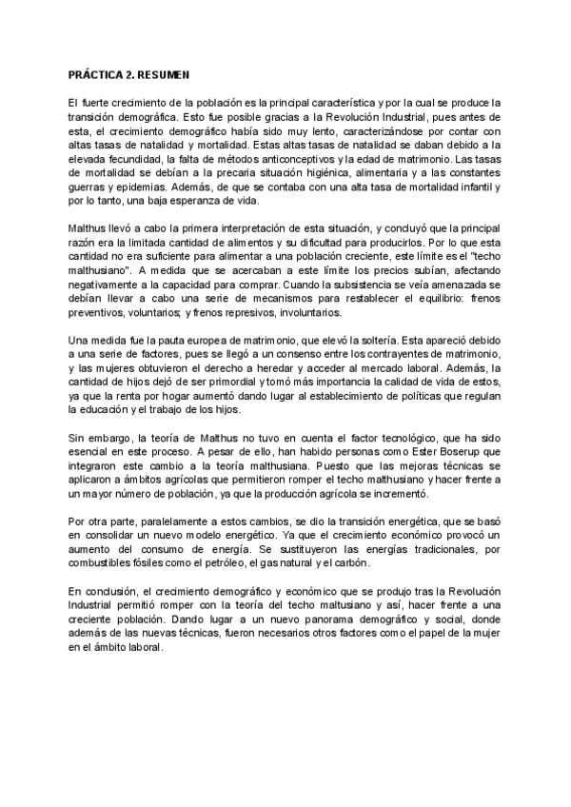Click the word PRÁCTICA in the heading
coord(94,75)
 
